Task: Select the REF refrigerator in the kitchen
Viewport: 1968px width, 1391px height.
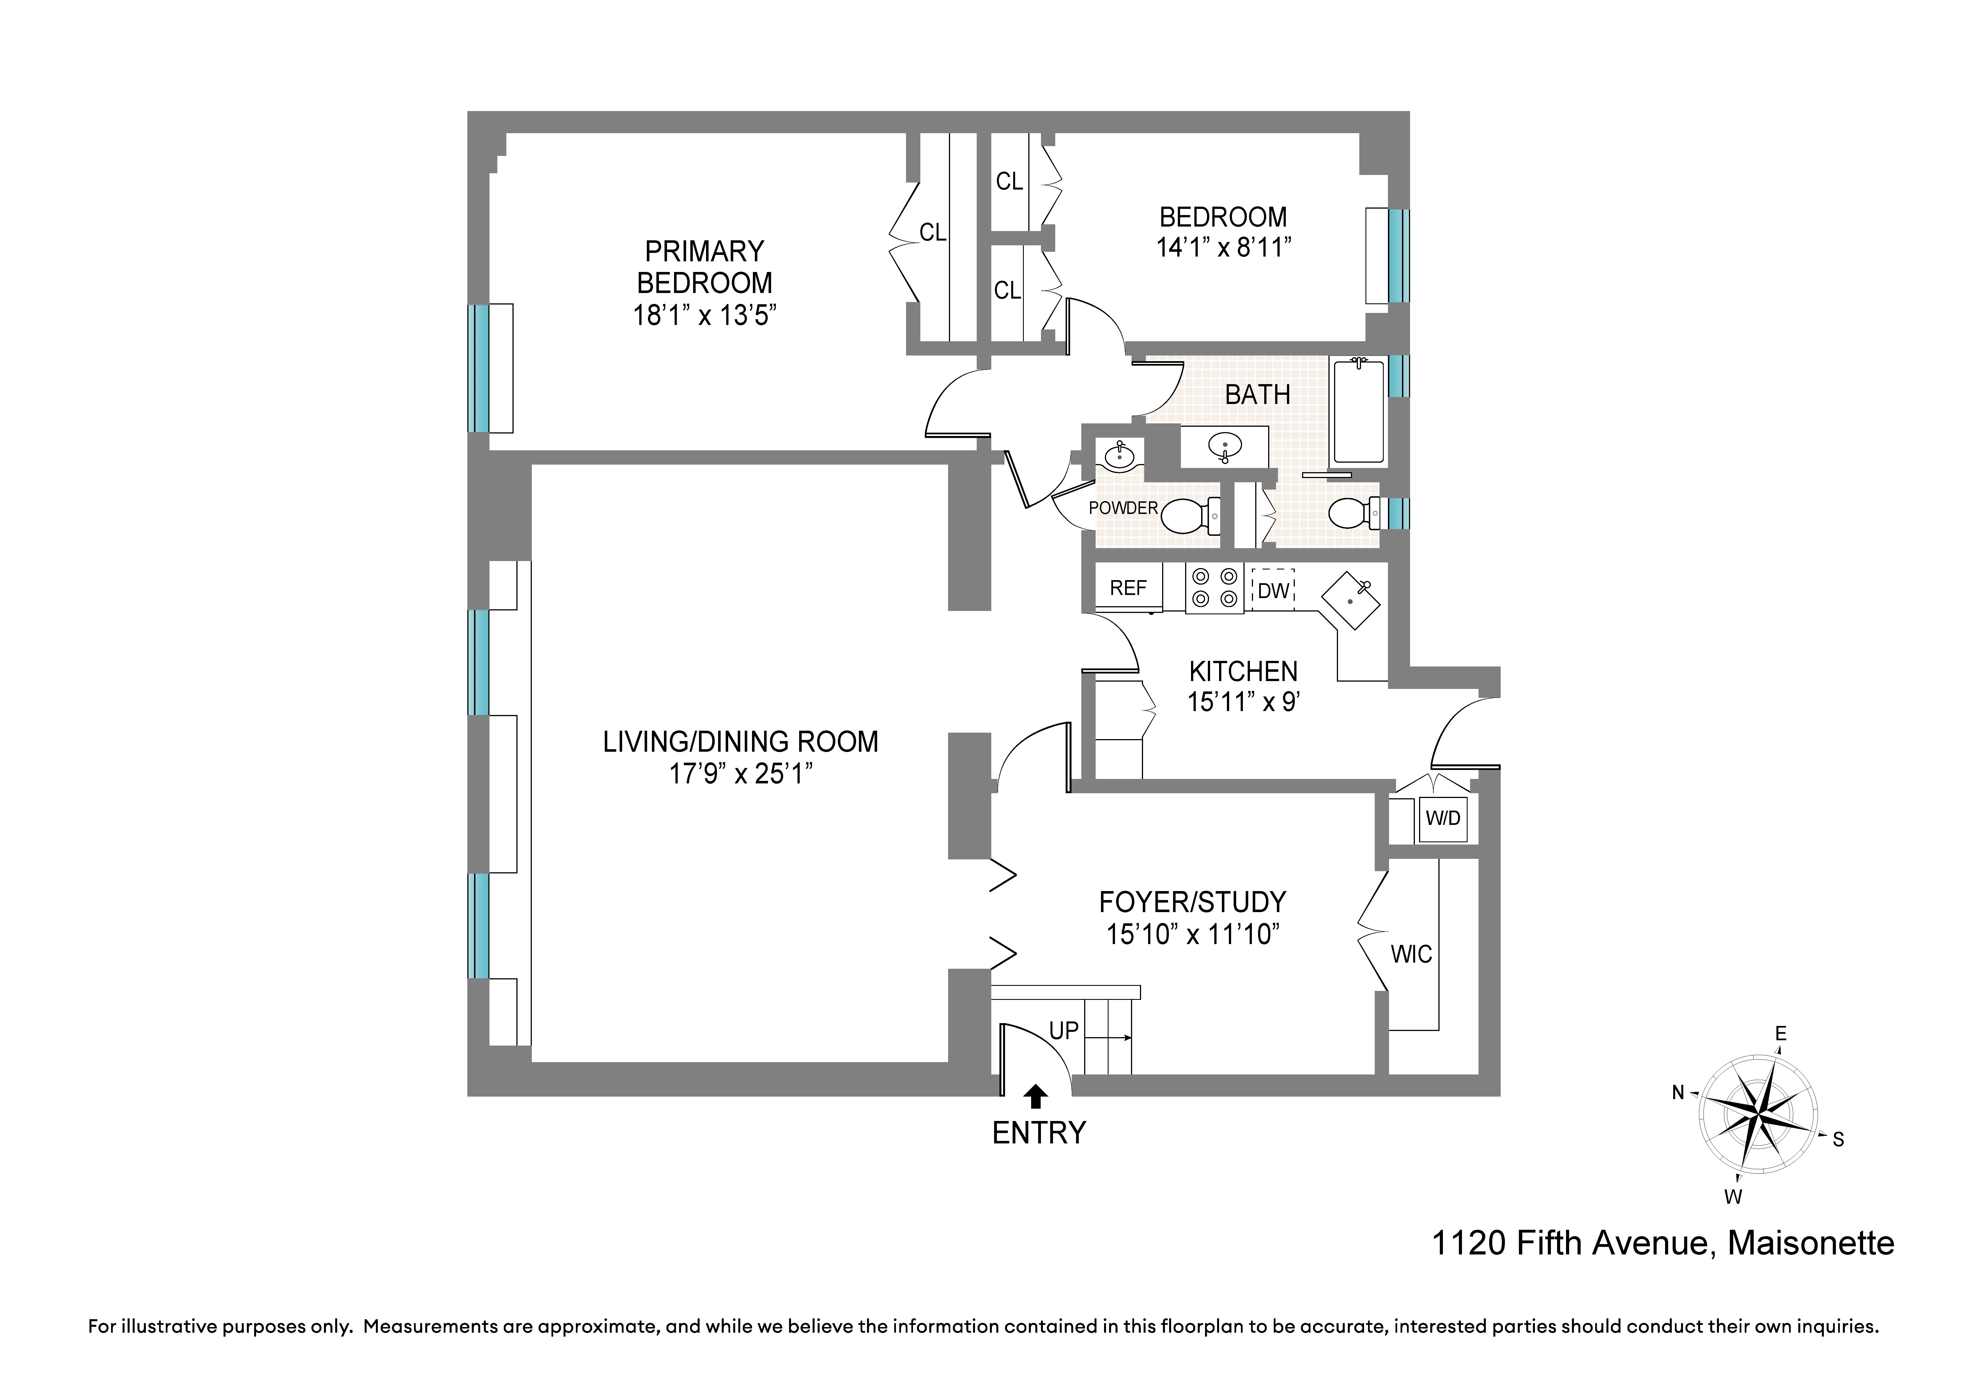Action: click(x=1128, y=588)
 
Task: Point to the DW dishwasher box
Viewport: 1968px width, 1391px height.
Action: click(x=1273, y=590)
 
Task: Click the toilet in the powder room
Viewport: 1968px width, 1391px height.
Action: click(x=1190, y=515)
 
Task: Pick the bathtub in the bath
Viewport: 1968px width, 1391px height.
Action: click(x=1358, y=412)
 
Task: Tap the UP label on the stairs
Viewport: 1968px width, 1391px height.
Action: click(x=1064, y=1031)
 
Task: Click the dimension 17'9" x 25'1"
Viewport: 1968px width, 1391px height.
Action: click(x=741, y=774)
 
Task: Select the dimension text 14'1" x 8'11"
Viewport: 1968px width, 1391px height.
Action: click(x=1223, y=248)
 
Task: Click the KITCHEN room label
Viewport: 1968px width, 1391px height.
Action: click(x=1243, y=671)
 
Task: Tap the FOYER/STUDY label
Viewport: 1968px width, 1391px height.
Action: click(x=1192, y=903)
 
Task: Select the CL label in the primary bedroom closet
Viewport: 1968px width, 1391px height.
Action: click(x=933, y=232)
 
